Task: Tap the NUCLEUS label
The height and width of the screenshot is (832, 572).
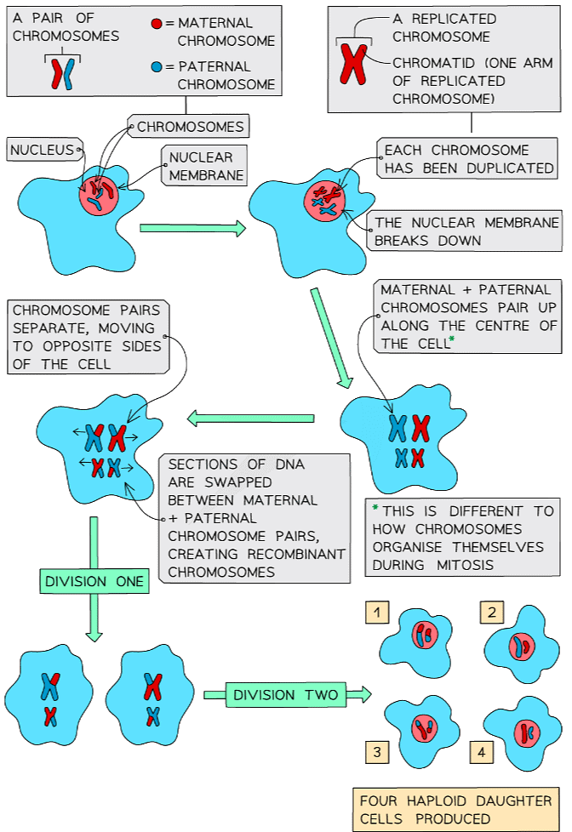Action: (43, 151)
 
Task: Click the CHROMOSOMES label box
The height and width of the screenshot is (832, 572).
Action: (190, 128)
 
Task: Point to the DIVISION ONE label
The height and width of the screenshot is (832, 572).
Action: (94, 582)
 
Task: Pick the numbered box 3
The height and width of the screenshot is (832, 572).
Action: (375, 750)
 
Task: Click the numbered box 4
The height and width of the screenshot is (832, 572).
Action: (481, 752)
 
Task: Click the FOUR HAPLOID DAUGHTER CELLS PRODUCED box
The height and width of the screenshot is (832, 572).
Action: (455, 809)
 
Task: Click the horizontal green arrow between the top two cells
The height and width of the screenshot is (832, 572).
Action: (192, 228)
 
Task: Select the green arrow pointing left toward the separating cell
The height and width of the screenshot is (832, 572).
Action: (250, 418)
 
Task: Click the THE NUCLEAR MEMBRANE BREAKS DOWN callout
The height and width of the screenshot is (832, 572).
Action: (466, 231)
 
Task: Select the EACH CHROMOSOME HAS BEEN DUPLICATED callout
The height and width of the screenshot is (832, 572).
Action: (468, 159)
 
